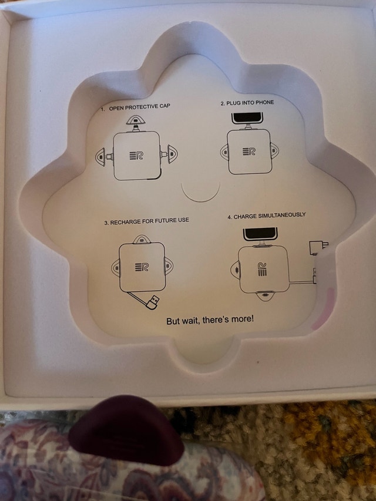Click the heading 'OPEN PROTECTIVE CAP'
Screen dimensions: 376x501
139,107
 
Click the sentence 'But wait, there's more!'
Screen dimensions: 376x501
210,320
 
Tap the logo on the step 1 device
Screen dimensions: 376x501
136,156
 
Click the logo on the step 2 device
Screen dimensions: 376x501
249,152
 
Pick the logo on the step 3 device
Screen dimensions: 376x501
142,267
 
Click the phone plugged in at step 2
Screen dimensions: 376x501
247,118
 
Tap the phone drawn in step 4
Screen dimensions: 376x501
260,234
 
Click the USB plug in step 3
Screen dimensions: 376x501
153,302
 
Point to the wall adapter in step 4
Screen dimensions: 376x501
318,247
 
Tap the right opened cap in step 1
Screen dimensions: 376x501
173,154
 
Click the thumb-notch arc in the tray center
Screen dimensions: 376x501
200,196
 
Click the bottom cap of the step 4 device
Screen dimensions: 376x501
265,295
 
